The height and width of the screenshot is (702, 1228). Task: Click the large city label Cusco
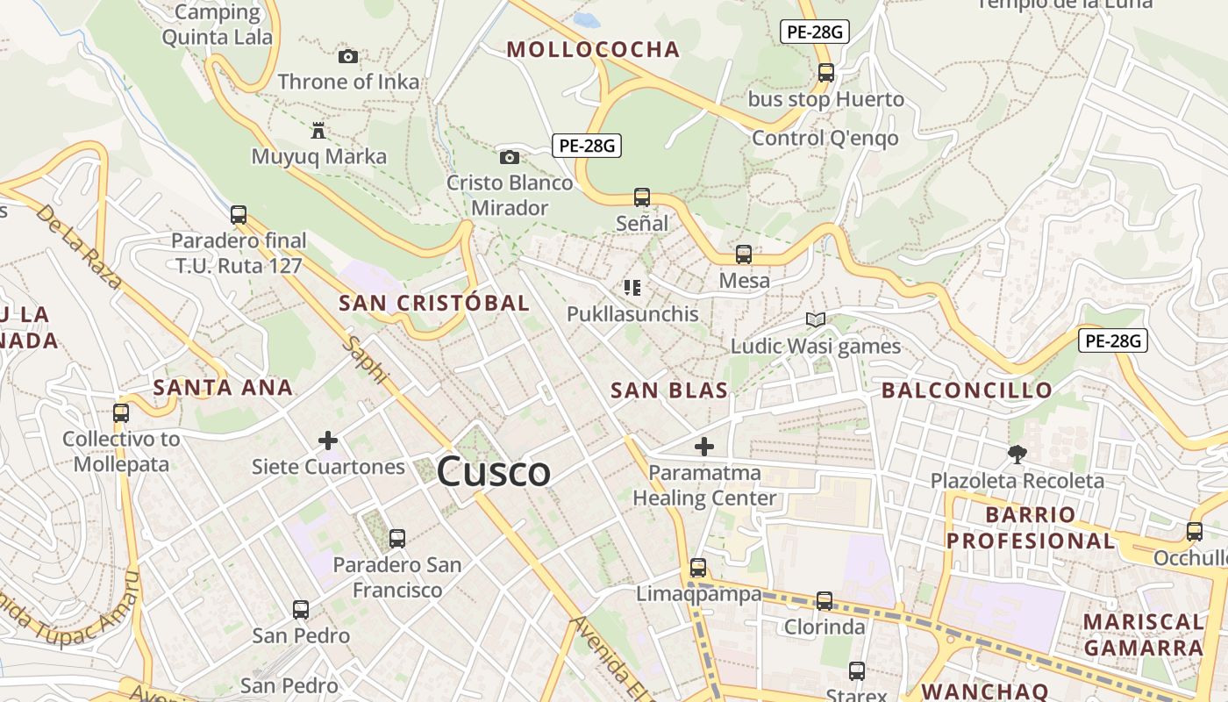point(494,472)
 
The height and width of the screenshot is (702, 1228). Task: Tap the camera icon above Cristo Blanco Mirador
point(510,157)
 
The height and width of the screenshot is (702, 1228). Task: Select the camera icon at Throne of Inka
point(348,56)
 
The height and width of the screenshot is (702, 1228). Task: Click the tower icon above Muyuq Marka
point(318,132)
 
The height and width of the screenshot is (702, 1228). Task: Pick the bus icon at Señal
point(642,197)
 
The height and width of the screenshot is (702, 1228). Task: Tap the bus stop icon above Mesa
point(744,254)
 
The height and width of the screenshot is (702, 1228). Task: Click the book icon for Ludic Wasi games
point(816,320)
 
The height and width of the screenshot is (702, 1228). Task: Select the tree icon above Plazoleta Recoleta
point(1017,454)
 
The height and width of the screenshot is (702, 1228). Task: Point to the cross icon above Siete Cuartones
point(328,440)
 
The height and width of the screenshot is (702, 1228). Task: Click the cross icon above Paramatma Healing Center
point(703,447)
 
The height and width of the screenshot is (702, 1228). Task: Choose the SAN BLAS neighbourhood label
point(669,390)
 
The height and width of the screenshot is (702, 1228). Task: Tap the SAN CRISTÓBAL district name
point(434,304)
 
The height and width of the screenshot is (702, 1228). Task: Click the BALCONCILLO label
point(967,390)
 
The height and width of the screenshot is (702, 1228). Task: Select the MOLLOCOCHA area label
point(593,50)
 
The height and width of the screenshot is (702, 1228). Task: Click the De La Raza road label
point(79,247)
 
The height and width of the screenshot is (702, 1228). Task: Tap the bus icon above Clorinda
point(825,601)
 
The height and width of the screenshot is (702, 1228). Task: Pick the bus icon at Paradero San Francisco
point(397,539)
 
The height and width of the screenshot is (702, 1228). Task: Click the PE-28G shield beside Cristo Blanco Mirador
point(587,146)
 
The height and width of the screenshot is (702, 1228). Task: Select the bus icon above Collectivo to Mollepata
point(121,412)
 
